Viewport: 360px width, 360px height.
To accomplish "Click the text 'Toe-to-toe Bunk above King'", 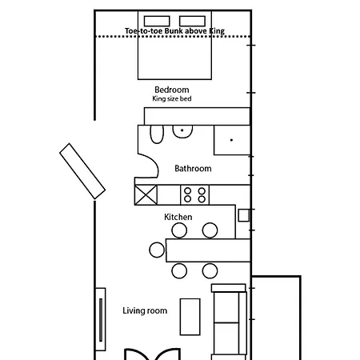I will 174,30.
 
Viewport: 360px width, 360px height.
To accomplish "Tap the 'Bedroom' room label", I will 172,89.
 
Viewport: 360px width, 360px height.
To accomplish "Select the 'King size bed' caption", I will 172,99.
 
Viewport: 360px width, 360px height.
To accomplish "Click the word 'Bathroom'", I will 193,169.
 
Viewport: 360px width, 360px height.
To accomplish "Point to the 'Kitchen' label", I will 178,217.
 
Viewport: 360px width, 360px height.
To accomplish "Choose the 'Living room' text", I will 145,310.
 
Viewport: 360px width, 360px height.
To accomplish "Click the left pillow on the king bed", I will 156,21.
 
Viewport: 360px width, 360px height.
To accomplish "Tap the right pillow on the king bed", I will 191,21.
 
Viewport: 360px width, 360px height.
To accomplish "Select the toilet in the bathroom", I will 157,133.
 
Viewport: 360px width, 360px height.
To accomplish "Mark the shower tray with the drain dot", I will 231,140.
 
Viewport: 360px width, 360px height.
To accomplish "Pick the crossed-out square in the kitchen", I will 146,194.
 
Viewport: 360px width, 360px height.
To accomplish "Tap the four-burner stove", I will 194,194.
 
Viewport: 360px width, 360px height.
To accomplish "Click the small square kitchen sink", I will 243,215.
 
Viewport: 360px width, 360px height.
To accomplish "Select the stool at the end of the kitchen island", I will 157,250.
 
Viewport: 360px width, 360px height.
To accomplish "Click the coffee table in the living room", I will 190,317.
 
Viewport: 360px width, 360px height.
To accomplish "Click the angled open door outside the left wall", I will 82,170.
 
